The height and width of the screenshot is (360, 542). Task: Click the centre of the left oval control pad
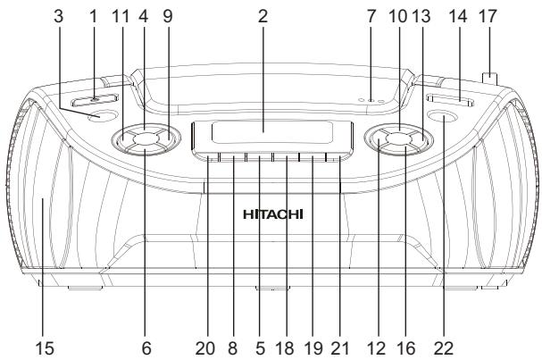146,138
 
